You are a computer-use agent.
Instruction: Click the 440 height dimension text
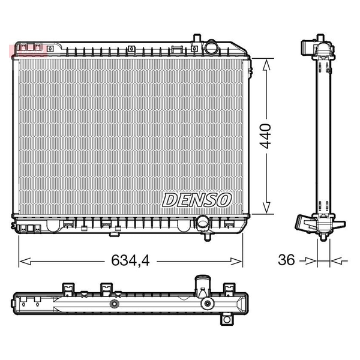point(265,136)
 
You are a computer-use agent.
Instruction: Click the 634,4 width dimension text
point(130,260)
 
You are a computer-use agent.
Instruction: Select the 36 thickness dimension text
point(286,260)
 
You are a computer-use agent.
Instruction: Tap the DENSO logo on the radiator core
point(197,200)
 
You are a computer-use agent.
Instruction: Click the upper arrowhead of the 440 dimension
point(266,64)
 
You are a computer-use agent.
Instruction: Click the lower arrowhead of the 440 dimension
point(266,208)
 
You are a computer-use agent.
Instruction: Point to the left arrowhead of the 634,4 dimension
point(25,261)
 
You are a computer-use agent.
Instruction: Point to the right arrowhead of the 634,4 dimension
point(236,261)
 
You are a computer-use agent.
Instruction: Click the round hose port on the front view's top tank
point(211,47)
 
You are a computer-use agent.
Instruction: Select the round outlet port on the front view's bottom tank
point(202,222)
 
